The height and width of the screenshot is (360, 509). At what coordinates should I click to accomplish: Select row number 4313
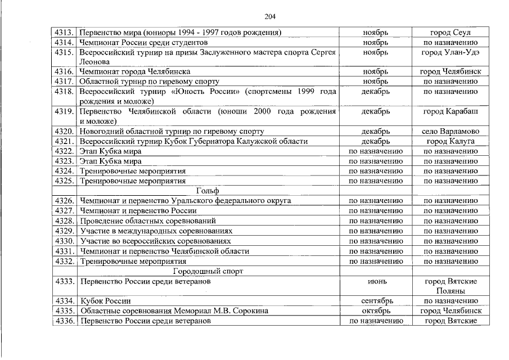pyautogui.click(x=64, y=32)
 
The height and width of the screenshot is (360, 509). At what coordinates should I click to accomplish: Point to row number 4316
pyautogui.click(x=64, y=72)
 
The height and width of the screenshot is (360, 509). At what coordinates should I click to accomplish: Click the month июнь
pyautogui.click(x=376, y=281)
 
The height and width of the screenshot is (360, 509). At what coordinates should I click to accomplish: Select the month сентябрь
pyautogui.click(x=376, y=301)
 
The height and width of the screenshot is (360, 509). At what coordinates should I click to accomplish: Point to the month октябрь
pyautogui.click(x=376, y=310)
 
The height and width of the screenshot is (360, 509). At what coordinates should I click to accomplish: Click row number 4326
pyautogui.click(x=64, y=201)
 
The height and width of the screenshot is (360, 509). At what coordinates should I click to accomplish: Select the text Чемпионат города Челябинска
pyautogui.click(x=135, y=72)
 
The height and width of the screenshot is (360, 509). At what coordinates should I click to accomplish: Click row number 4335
pyautogui.click(x=64, y=310)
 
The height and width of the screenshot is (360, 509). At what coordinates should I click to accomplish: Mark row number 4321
pyautogui.click(x=64, y=141)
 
